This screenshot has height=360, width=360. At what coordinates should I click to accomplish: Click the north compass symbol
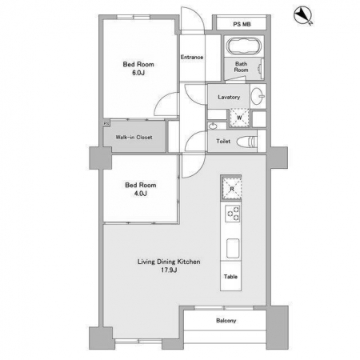point(302,15)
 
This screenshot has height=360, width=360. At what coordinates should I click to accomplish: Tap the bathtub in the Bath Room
point(244,46)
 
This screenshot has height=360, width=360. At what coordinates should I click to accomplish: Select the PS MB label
point(242,24)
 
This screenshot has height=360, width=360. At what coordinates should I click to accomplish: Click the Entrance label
point(192,57)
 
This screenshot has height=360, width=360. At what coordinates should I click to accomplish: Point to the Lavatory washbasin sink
point(258,96)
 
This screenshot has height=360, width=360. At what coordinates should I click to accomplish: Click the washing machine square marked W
point(239,118)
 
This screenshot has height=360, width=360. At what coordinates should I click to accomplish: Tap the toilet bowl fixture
point(247,142)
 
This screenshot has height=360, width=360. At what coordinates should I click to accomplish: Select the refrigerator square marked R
point(231,189)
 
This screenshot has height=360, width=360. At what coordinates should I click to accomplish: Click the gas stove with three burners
point(233,214)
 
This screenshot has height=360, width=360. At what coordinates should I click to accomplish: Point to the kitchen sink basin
point(233,248)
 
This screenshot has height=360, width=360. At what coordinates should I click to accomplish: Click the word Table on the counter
point(230,277)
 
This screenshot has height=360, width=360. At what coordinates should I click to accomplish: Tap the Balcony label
point(226,321)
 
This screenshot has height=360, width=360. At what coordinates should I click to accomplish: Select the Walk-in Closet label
point(134,138)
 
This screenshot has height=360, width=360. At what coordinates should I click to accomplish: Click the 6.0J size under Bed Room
point(138,73)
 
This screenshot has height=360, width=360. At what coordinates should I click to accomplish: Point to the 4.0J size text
point(141,194)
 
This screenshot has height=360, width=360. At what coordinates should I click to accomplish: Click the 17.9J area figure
point(169,270)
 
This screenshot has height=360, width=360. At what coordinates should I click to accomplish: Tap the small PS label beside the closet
point(106,124)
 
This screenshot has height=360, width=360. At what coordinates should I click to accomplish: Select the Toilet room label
point(223,142)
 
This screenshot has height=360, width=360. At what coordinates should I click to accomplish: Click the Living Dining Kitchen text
point(169,262)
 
